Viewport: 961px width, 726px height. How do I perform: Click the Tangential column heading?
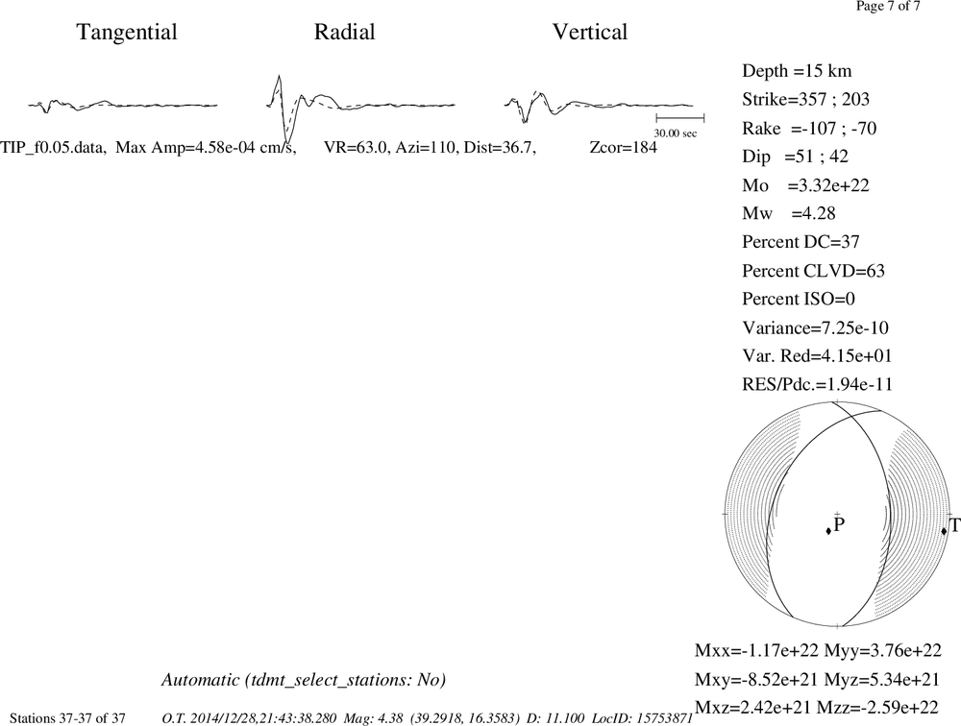pyautogui.click(x=127, y=33)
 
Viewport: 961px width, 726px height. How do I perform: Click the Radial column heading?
pyautogui.click(x=344, y=32)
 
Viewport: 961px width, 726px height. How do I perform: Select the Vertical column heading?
pyautogui.click(x=590, y=32)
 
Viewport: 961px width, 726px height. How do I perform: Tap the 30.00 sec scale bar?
pyautogui.click(x=680, y=118)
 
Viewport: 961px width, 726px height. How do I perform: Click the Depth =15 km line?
pyautogui.click(x=797, y=71)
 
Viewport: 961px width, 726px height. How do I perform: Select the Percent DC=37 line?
pyautogui.click(x=801, y=242)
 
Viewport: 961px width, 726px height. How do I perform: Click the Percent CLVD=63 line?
pyautogui.click(x=813, y=271)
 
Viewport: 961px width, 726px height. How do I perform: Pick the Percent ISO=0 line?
pyautogui.click(x=799, y=299)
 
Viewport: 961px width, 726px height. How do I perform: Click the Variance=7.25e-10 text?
pyautogui.click(x=815, y=327)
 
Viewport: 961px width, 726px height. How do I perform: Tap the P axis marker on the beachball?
pyautogui.click(x=828, y=530)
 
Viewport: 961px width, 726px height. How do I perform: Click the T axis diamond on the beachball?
pyautogui.click(x=944, y=530)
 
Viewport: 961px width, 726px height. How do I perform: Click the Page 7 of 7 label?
pyautogui.click(x=888, y=7)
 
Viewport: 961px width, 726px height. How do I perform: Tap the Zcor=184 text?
pyautogui.click(x=624, y=148)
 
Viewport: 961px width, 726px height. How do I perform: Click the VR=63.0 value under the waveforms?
pyautogui.click(x=357, y=148)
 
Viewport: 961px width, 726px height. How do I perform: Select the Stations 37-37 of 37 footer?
pyautogui.click(x=67, y=718)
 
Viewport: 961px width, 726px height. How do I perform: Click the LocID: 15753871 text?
pyautogui.click(x=642, y=718)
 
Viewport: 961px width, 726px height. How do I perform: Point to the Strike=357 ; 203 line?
pyautogui.click(x=806, y=99)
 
